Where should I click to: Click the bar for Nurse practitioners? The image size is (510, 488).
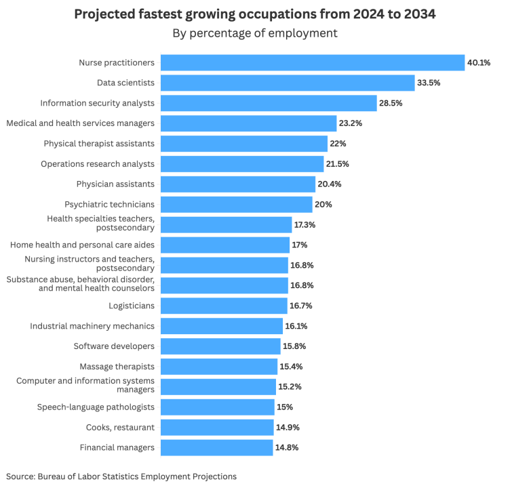(x=312, y=63)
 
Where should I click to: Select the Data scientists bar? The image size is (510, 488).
(x=287, y=83)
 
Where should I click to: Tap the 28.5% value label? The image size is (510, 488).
(x=391, y=103)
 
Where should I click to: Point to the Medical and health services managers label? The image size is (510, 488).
(x=80, y=123)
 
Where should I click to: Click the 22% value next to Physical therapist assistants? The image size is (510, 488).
(x=338, y=144)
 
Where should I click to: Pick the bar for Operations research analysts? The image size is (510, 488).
(x=241, y=164)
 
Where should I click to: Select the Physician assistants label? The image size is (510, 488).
(x=115, y=184)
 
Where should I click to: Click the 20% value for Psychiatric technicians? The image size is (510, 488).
(x=323, y=204)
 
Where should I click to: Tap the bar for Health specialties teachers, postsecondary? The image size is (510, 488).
(x=226, y=224)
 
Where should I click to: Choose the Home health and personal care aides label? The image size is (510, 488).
(x=82, y=245)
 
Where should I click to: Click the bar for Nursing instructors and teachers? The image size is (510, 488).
(x=224, y=265)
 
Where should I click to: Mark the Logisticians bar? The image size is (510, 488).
(x=224, y=306)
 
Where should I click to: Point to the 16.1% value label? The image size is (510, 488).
(x=296, y=326)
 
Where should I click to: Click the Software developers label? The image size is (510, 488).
(x=114, y=346)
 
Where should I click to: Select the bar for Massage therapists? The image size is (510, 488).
(x=219, y=367)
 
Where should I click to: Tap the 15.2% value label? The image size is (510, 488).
(x=290, y=387)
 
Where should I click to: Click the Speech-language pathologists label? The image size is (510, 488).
(x=96, y=407)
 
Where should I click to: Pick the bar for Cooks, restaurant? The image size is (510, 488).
(x=217, y=427)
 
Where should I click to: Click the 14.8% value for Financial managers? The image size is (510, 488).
(x=287, y=447)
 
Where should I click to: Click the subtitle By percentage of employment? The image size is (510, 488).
(x=255, y=33)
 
